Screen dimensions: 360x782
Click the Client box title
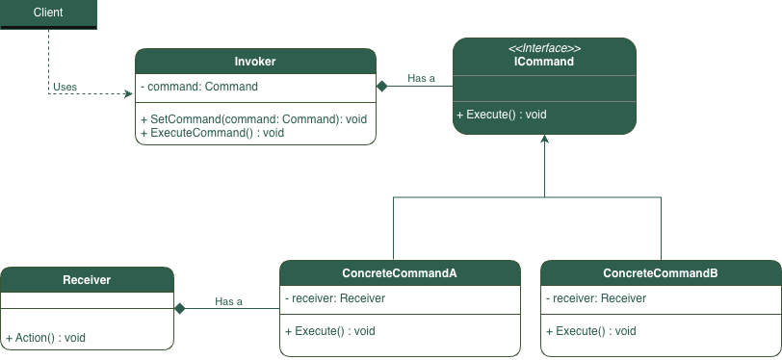(48, 13)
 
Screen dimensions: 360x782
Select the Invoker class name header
(255, 62)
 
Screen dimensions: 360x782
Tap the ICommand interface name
(544, 62)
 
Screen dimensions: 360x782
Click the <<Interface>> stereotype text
(544, 48)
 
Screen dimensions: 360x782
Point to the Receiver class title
(87, 280)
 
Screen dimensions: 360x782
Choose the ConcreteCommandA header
(400, 273)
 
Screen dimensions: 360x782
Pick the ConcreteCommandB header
(661, 273)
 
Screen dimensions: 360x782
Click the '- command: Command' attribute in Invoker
(199, 87)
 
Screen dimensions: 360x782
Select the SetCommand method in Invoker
(253, 119)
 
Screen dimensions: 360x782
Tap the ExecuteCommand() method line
(212, 133)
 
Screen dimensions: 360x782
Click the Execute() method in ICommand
(501, 115)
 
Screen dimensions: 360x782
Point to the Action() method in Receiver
(46, 338)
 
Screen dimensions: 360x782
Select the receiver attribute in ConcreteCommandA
(335, 298)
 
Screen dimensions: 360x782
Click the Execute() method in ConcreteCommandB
(590, 331)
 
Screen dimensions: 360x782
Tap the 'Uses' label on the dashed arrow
(65, 87)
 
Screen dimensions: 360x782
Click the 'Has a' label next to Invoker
(422, 78)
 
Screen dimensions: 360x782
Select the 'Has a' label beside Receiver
(228, 301)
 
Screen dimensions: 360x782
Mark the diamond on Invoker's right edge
(382, 87)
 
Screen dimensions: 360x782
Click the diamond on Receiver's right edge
(179, 309)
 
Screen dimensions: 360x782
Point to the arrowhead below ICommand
(545, 141)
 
